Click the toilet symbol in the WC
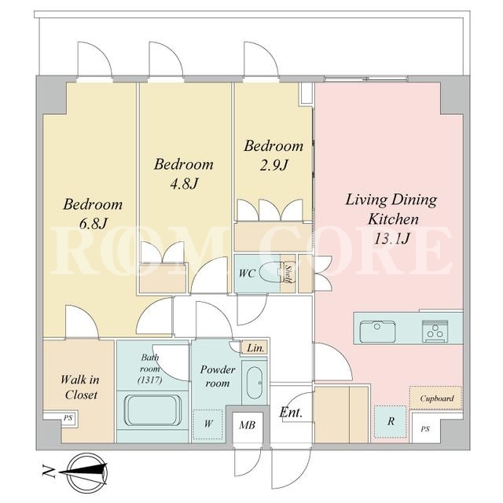pos(270,273)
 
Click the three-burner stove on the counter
pos(435,331)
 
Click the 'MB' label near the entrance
pos(248,425)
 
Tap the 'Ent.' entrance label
pos(291,412)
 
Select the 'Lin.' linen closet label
pos(255,347)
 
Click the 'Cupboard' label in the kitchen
pos(437,398)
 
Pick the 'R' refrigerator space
pos(391,421)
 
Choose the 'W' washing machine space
pos(207,424)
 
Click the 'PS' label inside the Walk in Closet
pos(68,418)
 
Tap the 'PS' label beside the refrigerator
pos(425,429)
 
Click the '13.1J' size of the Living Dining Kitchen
pos(392,238)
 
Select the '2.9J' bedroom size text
pos(274,165)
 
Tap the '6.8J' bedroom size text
pos(93,223)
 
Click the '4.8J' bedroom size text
pos(183,183)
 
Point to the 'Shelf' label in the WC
pos(288,273)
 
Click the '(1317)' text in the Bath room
pos(150,380)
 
